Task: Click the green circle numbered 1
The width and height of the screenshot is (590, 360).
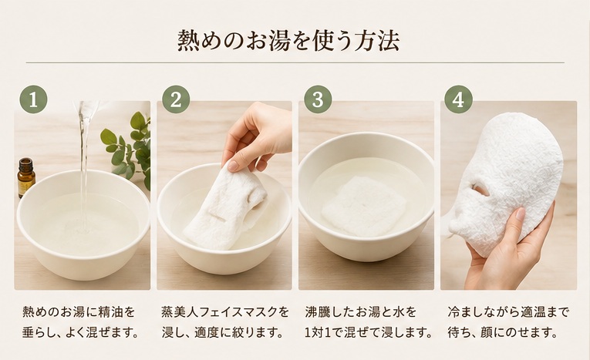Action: click(33, 99)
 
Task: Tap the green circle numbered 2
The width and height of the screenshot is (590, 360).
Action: click(176, 99)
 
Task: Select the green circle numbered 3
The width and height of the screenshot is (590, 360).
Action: click(318, 99)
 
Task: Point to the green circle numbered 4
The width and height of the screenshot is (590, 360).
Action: click(458, 99)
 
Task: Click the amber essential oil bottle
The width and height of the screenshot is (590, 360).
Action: click(26, 177)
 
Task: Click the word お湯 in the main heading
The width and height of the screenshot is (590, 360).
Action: click(268, 41)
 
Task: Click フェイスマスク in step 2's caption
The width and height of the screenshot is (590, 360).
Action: click(236, 312)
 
